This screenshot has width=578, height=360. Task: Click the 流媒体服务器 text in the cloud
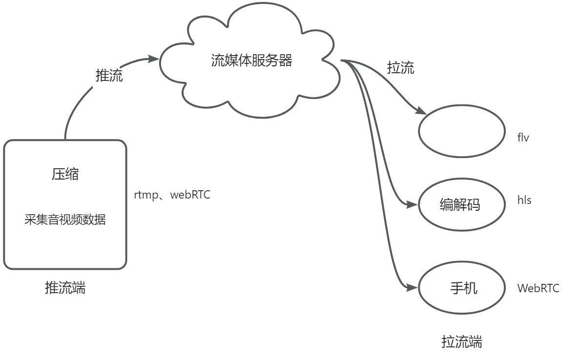tap(251, 60)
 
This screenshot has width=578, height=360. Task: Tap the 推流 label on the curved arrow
tap(109, 76)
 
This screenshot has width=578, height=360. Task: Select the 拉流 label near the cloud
tap(400, 68)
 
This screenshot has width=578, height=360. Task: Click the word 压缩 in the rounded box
tap(65, 175)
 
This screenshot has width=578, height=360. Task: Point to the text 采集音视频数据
tap(65, 220)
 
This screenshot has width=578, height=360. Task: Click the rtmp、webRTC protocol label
tap(172, 196)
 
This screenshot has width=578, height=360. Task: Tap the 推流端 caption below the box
tap(65, 288)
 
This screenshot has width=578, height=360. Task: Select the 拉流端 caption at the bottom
tap(461, 341)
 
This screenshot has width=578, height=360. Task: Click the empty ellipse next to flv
tap(461, 133)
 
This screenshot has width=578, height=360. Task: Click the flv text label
tap(523, 138)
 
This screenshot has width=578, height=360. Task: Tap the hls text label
tap(524, 200)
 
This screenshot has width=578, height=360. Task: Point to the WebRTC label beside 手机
tap(538, 288)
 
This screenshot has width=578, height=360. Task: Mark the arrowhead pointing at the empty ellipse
tap(422, 111)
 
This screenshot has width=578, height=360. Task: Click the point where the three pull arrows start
tap(342, 61)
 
